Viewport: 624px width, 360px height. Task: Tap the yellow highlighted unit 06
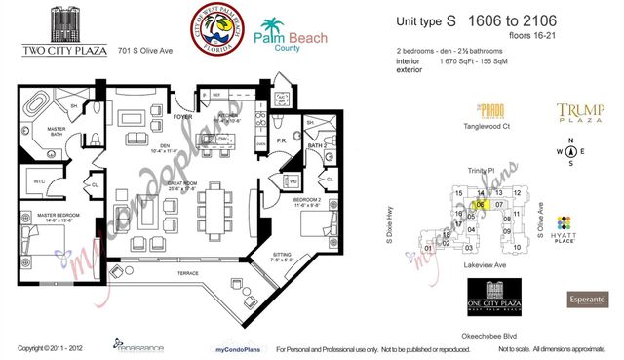pyautogui.click(x=481, y=206)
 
